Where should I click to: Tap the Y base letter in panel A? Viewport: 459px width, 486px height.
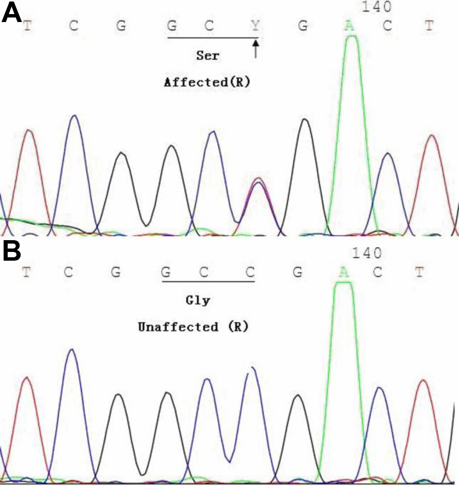coord(255,26)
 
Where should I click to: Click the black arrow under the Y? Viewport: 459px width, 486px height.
coord(256,49)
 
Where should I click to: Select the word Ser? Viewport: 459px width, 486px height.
coord(208,56)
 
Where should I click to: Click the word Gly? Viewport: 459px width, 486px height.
coord(198,301)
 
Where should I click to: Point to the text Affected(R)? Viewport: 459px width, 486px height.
coord(207,82)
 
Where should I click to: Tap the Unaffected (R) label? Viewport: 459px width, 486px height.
coord(193,326)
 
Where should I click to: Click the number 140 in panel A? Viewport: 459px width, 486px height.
coord(376,7)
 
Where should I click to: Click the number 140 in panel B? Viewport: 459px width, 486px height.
coord(367,253)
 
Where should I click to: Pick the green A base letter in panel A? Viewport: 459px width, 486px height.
coord(350,26)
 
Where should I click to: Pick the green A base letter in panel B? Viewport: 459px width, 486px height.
coord(344,272)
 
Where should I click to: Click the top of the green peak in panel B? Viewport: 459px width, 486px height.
coord(344,283)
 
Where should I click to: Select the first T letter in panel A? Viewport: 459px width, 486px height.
coord(27,26)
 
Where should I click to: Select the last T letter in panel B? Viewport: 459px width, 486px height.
coord(419,272)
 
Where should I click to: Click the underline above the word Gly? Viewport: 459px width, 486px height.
coord(208,282)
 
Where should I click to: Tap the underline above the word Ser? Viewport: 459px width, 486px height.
coord(213,38)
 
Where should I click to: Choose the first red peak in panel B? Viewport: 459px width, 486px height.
coord(27,378)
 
